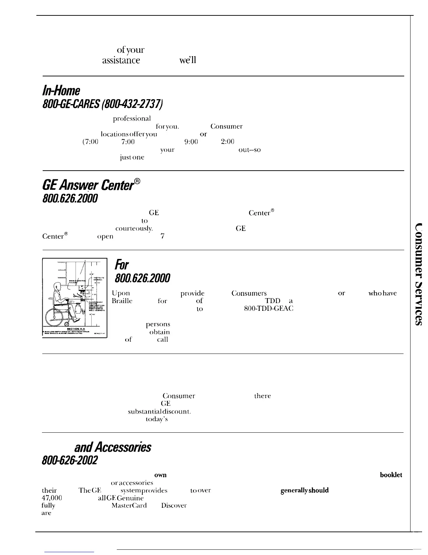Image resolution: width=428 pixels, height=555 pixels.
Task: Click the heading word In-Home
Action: pyautogui.click(x=61, y=91)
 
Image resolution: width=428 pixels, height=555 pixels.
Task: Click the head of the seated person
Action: pyautogui.click(x=57, y=282)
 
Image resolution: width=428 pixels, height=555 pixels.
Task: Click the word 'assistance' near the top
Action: pyautogui.click(x=121, y=60)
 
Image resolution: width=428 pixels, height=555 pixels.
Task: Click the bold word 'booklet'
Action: pyautogui.click(x=391, y=475)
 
